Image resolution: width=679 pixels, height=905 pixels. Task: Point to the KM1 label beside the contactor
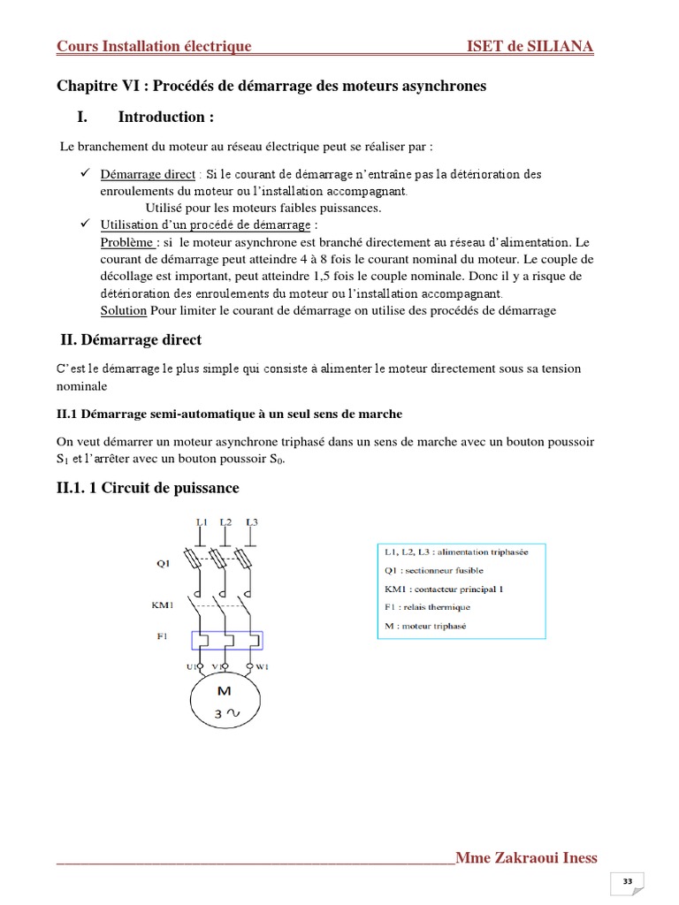(x=164, y=605)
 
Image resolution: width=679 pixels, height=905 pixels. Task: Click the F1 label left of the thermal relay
(x=162, y=636)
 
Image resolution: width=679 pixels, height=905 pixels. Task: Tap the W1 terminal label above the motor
(x=262, y=666)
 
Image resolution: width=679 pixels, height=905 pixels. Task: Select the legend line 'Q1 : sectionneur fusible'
(x=433, y=570)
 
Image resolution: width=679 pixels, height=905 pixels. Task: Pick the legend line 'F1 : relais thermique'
(x=427, y=607)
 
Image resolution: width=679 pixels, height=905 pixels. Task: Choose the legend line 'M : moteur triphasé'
(x=425, y=626)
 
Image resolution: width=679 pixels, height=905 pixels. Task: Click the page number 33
(x=628, y=881)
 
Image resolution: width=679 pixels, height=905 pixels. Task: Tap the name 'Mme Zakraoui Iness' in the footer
(x=525, y=857)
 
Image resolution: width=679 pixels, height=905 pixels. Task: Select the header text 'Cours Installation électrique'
(x=154, y=46)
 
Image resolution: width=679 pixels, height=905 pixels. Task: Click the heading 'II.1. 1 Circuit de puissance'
(x=148, y=488)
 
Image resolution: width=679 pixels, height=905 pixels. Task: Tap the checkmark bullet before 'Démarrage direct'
(x=75, y=173)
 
